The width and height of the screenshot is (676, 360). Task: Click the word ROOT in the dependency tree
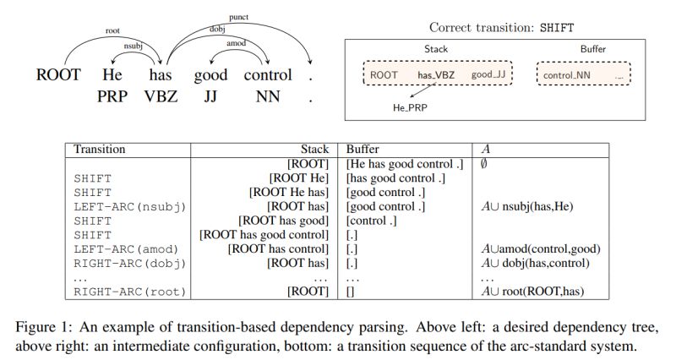click(x=58, y=75)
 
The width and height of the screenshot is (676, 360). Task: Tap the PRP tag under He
click(x=112, y=96)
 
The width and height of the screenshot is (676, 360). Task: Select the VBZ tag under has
click(x=161, y=96)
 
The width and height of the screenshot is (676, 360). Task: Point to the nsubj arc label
click(x=133, y=46)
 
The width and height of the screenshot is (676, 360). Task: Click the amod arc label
click(x=237, y=43)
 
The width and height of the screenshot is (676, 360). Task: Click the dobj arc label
click(x=217, y=28)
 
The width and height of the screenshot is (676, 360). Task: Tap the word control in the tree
click(x=267, y=75)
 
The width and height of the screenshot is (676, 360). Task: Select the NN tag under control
click(x=267, y=96)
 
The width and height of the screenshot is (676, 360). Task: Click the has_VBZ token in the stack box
click(x=436, y=75)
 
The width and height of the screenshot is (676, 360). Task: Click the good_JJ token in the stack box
click(x=488, y=75)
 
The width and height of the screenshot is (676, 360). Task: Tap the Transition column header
click(x=100, y=150)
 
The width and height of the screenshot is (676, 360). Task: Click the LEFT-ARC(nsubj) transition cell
click(x=130, y=206)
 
